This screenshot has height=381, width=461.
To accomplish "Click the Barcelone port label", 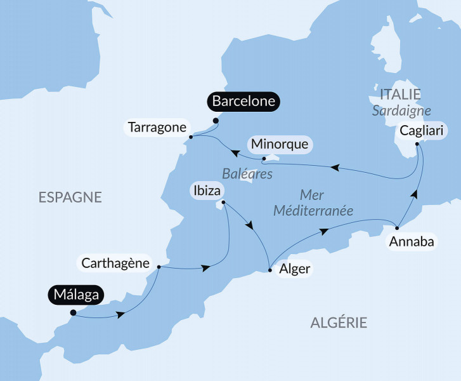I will click(243, 102).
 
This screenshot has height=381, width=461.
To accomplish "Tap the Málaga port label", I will click(76, 294).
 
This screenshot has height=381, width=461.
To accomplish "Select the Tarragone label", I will click(157, 127).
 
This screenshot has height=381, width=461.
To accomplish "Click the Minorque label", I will click(280, 144).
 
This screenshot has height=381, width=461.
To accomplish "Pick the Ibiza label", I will click(208, 189).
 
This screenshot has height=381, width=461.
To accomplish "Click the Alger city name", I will click(295, 269).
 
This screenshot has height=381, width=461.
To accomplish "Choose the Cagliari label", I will click(422, 131).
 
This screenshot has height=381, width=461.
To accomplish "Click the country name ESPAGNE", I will click(70, 197).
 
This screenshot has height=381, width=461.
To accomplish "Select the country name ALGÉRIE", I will click(339, 323).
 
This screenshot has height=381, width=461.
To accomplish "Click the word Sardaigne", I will click(401, 110).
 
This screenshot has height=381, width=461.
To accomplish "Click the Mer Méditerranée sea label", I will click(313, 203).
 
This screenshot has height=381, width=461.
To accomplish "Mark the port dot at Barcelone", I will click(216, 121).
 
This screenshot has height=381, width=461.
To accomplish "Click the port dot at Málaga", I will click(73, 312).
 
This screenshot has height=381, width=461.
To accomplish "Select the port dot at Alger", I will click(271, 271).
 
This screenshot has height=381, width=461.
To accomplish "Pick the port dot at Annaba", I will click(397, 227).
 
